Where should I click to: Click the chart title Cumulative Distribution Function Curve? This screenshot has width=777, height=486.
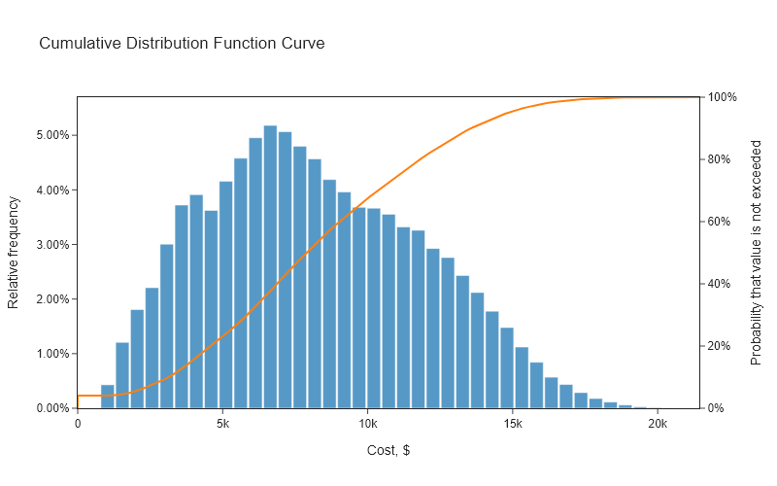point(182,44)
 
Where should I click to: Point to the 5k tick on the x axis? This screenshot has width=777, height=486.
point(222,424)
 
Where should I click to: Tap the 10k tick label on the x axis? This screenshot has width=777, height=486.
point(367,424)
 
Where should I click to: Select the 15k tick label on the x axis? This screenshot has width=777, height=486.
point(513,424)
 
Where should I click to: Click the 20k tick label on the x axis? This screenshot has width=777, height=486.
point(658,424)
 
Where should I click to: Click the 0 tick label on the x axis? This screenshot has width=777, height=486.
point(78,424)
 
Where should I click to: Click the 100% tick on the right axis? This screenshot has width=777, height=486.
point(724,97)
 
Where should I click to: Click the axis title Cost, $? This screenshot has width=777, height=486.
point(388,451)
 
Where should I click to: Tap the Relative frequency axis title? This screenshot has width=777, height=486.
point(14,253)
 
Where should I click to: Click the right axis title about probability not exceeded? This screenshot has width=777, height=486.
point(757,253)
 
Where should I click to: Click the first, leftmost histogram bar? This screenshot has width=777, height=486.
point(108,397)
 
